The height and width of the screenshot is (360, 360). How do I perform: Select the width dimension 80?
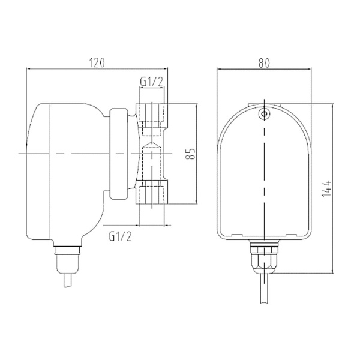(x=265, y=62)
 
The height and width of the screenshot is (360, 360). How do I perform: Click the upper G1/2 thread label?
(x=151, y=81)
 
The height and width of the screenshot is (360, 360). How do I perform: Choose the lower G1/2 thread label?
(x=121, y=236)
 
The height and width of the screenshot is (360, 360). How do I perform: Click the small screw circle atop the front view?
(x=264, y=112)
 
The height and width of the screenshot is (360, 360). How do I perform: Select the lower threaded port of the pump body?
(x=152, y=193)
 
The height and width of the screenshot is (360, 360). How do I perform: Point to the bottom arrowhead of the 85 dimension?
(x=197, y=202)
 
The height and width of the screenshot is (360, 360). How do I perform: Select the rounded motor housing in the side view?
(x=60, y=168)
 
